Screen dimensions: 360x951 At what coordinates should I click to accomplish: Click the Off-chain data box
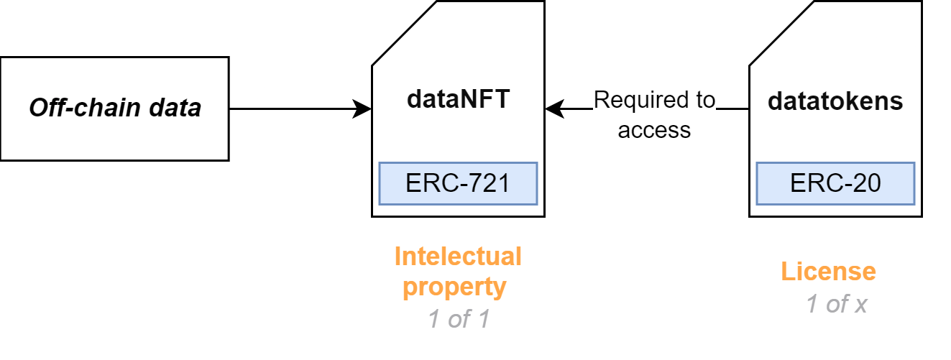coord(114,109)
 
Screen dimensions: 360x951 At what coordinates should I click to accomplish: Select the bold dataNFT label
coord(458,99)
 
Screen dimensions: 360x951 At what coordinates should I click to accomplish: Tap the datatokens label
coord(835,101)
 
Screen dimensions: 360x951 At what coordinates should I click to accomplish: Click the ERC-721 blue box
coord(458,183)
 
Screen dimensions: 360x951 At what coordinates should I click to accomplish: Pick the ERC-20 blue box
coord(835,183)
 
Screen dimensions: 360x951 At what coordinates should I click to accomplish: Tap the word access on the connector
coord(654,130)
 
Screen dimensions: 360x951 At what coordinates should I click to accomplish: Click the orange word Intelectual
coord(458,257)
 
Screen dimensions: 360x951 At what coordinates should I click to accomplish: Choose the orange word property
coord(454,287)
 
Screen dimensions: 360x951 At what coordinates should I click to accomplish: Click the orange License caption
coord(828,272)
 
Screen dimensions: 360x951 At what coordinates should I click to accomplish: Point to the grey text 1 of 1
coord(458,318)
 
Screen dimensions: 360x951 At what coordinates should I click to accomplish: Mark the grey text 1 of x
coord(836,304)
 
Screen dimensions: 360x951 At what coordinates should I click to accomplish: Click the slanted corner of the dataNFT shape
coord(404,33)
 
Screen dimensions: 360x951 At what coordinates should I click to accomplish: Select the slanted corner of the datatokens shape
coord(781,33)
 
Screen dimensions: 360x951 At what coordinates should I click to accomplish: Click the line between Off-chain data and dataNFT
coord(295,109)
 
